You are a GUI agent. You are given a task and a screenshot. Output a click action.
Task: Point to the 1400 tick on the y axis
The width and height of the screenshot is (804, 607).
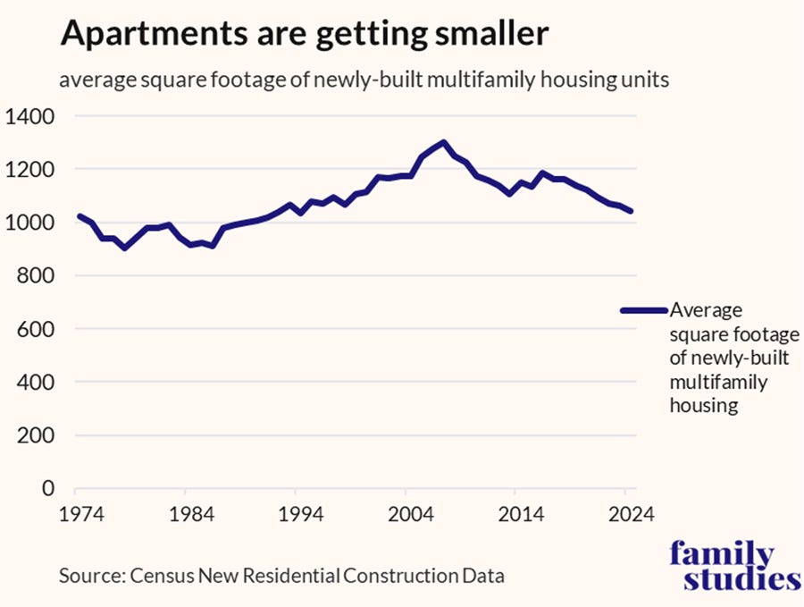[x=30, y=116]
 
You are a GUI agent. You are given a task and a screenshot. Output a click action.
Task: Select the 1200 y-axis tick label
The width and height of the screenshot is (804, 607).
[x=30, y=170]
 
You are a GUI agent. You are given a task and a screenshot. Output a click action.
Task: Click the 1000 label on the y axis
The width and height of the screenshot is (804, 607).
[x=30, y=223]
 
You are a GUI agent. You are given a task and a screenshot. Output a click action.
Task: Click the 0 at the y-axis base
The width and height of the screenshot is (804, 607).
[x=49, y=489]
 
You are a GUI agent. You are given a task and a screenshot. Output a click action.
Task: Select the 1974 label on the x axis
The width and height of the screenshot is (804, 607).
[x=76, y=516]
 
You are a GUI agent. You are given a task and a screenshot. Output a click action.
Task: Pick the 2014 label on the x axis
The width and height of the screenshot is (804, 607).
[x=517, y=516]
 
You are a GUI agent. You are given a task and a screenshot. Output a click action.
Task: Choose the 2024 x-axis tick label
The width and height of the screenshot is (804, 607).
[x=628, y=516]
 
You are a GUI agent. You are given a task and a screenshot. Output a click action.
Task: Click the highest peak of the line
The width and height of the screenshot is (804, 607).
[x=444, y=142]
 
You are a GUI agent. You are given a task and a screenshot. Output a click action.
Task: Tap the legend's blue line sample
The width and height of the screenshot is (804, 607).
[x=643, y=310]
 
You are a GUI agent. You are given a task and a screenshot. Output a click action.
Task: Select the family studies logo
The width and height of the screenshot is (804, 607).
[x=734, y=566]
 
